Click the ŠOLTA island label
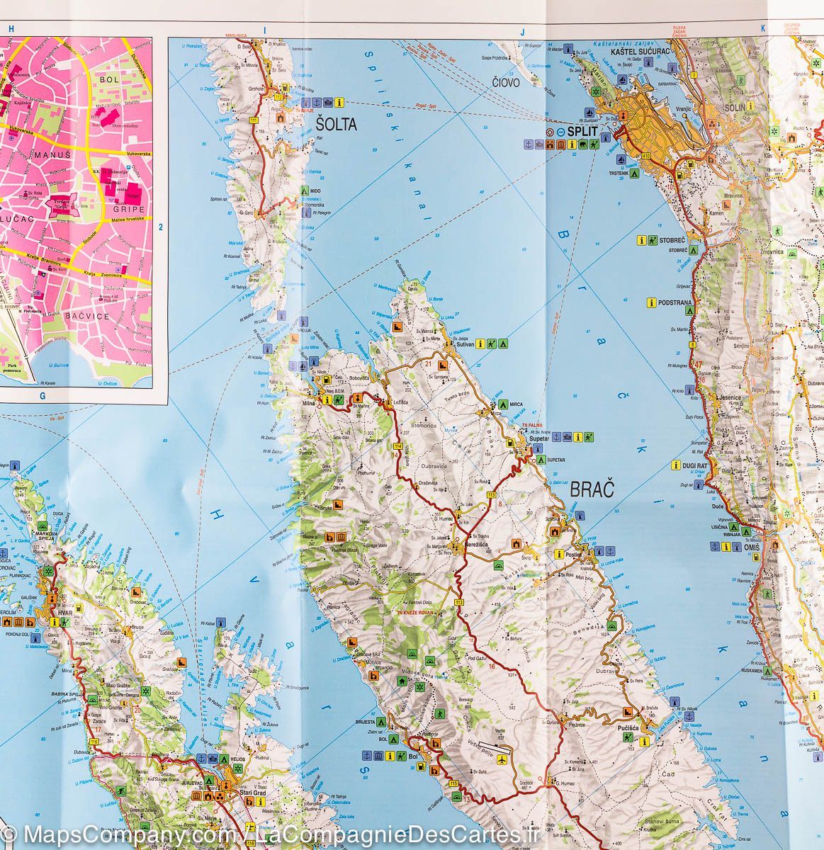click(x=337, y=125)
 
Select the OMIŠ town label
click(x=751, y=548)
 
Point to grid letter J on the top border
click(x=521, y=31)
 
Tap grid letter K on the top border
click(x=763, y=29)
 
